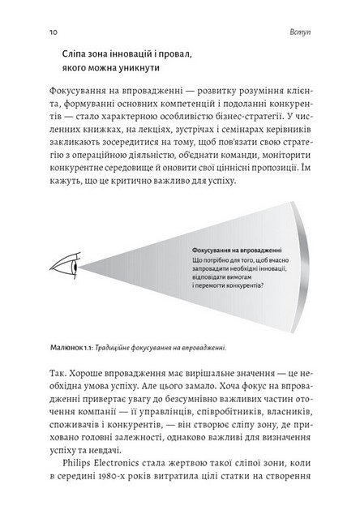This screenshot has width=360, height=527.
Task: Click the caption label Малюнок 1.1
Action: tap(66, 350)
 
